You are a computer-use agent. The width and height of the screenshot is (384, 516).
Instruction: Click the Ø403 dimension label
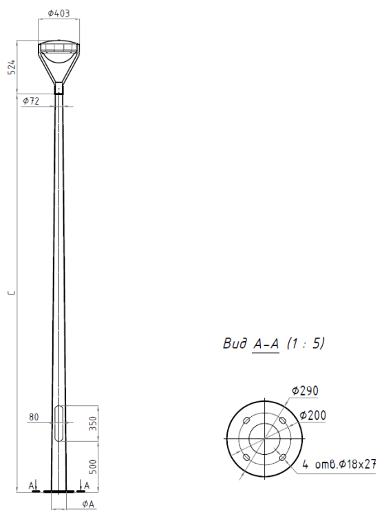tap(59, 13)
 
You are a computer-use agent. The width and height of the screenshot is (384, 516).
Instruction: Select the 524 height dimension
tap(12, 67)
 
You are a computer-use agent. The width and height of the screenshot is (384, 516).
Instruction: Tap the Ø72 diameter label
tap(31, 101)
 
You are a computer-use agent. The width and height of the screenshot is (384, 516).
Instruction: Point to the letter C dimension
tap(12, 292)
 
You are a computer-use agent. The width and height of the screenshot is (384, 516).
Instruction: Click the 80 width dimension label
tap(34, 417)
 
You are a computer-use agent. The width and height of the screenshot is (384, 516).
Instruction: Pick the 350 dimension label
tap(93, 424)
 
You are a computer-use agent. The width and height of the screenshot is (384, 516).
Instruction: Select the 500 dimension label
tap(93, 466)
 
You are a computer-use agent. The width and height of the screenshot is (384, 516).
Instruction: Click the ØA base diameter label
tap(88, 504)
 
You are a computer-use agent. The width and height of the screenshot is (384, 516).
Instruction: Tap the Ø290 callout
tap(305, 391)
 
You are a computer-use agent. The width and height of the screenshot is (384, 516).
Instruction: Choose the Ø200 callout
tap(313, 416)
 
